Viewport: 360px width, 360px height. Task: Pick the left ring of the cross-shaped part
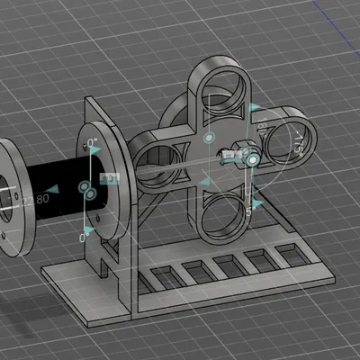(159, 161)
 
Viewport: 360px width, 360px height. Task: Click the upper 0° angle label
(90, 143)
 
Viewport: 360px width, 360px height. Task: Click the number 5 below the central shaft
(247, 209)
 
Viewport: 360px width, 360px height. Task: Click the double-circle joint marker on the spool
(87, 190)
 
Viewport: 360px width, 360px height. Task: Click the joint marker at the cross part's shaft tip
(253, 159)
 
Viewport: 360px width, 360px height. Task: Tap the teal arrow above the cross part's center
(253, 107)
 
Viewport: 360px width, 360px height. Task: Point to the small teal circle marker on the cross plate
(209, 139)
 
